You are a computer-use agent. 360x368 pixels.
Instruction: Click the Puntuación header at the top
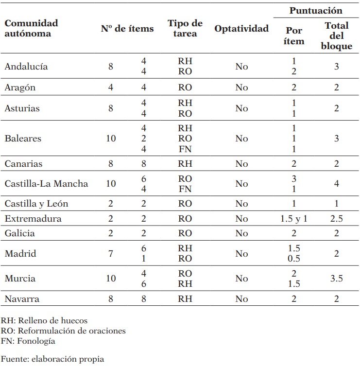pos(316,11)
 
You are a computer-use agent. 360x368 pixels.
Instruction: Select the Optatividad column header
pos(241,29)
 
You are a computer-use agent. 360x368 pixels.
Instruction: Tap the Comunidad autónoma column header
pos(31,29)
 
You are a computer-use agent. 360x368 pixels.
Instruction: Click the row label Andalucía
pos(26,67)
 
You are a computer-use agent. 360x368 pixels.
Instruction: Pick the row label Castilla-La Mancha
pos(46,184)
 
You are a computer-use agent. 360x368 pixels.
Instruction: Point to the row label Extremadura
pos(33,219)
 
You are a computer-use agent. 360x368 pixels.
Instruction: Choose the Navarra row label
pos(22,299)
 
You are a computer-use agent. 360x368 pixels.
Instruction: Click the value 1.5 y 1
pos(294,219)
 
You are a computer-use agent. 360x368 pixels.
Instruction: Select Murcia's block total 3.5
pos(336,279)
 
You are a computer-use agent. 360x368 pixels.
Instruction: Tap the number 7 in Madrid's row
pos(111,254)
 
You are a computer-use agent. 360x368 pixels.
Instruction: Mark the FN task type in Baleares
pos(185,149)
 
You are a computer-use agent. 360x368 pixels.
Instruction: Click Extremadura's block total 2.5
pos(336,219)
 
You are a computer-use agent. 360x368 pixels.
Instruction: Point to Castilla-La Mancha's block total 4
pos(336,184)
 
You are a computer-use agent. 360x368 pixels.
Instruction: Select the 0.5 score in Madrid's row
pos(294,259)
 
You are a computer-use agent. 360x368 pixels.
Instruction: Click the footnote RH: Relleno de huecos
pos(44,321)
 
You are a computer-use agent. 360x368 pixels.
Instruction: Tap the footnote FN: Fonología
pos(28,341)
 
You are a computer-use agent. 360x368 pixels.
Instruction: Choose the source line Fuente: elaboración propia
pos(52,360)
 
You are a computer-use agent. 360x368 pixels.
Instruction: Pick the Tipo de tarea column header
pos(185,29)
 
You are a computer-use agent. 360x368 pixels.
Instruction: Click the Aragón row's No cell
pos(241,88)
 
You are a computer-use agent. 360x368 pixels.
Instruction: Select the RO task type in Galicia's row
pos(185,233)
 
